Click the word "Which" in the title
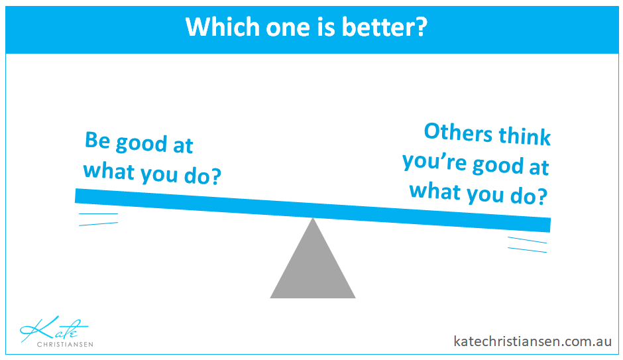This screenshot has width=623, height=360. pyautogui.click(x=223, y=27)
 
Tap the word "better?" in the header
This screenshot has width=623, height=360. pyautogui.click(x=384, y=27)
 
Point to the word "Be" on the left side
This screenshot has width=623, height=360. pyautogui.click(x=97, y=140)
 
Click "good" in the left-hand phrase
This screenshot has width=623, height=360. pyautogui.click(x=141, y=145)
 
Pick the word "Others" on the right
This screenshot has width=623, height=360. pyautogui.click(x=458, y=132)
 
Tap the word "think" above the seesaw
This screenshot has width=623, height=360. pyautogui.click(x=524, y=136)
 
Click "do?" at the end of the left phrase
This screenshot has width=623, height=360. pyautogui.click(x=203, y=175)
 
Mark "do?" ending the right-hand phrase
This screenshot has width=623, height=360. pyautogui.click(x=529, y=196)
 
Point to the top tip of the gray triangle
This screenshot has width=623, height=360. pyautogui.click(x=313, y=217)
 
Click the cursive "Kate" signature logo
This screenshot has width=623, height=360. pyautogui.click(x=54, y=329)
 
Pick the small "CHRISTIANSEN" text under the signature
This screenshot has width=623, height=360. pyautogui.click(x=65, y=345)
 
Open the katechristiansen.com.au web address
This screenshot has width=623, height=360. pyautogui.click(x=532, y=341)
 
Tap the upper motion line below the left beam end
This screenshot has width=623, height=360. pyautogui.click(x=99, y=213)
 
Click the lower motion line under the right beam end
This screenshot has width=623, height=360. pyautogui.click(x=528, y=250)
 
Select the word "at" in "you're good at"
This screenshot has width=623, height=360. pyautogui.click(x=539, y=167)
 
